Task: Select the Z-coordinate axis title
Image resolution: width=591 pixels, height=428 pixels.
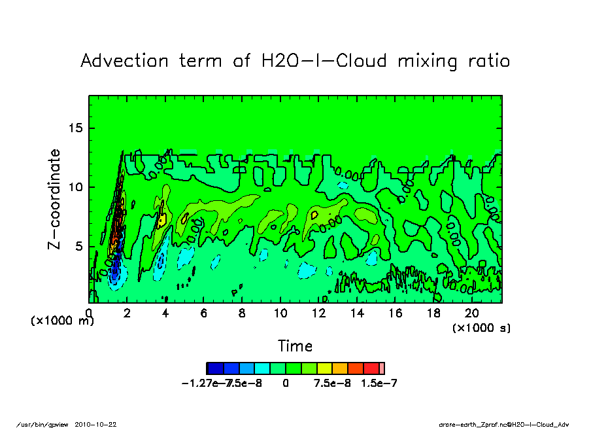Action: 55,199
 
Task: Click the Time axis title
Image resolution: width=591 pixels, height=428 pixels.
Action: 295,346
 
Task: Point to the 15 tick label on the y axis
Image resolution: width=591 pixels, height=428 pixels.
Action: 77,128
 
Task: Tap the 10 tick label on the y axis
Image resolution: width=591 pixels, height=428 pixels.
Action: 77,187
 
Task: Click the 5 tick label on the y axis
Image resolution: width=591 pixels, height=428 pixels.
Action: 80,246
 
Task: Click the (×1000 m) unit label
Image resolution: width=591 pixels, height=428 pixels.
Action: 59,321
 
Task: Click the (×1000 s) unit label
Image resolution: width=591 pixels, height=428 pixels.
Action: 482,327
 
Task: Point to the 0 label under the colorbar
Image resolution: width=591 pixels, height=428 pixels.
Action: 286,383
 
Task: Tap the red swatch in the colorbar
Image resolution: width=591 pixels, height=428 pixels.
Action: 371,368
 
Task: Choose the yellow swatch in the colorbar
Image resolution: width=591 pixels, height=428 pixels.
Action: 325,368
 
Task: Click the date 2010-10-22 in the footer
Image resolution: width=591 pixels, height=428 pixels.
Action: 100,424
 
